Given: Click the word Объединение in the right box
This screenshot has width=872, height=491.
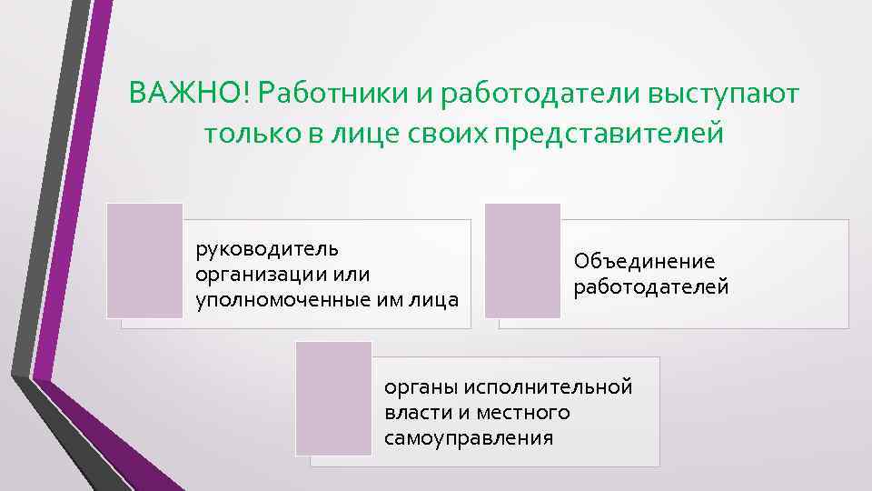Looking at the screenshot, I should [x=644, y=262].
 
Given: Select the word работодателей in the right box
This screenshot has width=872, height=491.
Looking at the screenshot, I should [x=651, y=287].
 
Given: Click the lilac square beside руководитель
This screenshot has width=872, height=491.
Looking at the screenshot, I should [x=144, y=260].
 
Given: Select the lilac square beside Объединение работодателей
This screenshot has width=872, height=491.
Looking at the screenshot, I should [x=522, y=260].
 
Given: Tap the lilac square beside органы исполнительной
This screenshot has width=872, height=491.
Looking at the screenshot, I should [x=333, y=397].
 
